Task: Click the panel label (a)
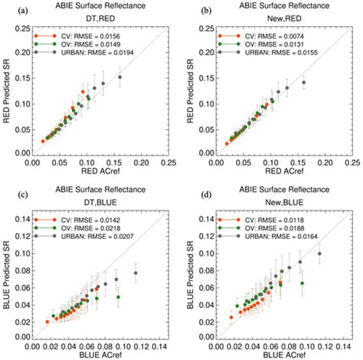tap(9, 9)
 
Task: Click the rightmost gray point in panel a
tap(120, 77)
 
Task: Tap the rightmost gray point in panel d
tap(319, 254)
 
